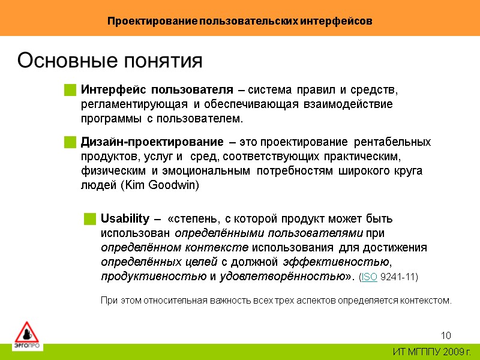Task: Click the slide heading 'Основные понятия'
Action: click(110, 61)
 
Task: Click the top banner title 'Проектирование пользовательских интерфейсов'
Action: click(240, 21)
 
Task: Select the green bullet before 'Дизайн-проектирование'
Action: click(70, 143)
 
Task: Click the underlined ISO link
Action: click(370, 277)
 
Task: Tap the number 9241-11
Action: click(399, 277)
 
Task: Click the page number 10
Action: click(445, 335)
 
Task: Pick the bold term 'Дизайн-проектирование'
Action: click(152, 142)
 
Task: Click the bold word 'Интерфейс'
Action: click(113, 90)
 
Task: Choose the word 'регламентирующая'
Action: click(133, 104)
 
